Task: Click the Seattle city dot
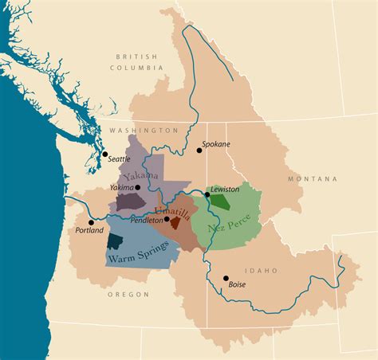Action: tap(104, 154)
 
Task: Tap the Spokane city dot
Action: tap(199, 150)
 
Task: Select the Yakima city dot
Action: tap(137, 188)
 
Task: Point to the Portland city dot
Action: tap(92, 222)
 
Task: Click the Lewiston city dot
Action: tap(207, 194)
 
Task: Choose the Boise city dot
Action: tap(226, 278)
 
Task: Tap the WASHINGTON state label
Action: tap(144, 130)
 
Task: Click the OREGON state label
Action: tap(128, 295)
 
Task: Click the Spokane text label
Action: tap(216, 144)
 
